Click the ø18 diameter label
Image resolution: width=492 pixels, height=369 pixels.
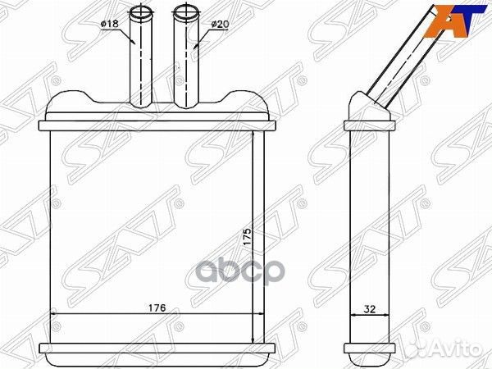click(x=110, y=24)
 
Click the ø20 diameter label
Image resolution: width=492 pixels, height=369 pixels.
click(x=220, y=24)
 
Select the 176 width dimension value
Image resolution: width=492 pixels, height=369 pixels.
click(x=157, y=308)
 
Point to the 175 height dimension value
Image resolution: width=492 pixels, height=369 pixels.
click(x=248, y=237)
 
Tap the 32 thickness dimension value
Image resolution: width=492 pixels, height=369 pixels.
click(x=369, y=309)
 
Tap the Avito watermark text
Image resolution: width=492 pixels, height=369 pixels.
click(x=464, y=348)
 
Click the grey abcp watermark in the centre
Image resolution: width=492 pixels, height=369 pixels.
click(x=240, y=270)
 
